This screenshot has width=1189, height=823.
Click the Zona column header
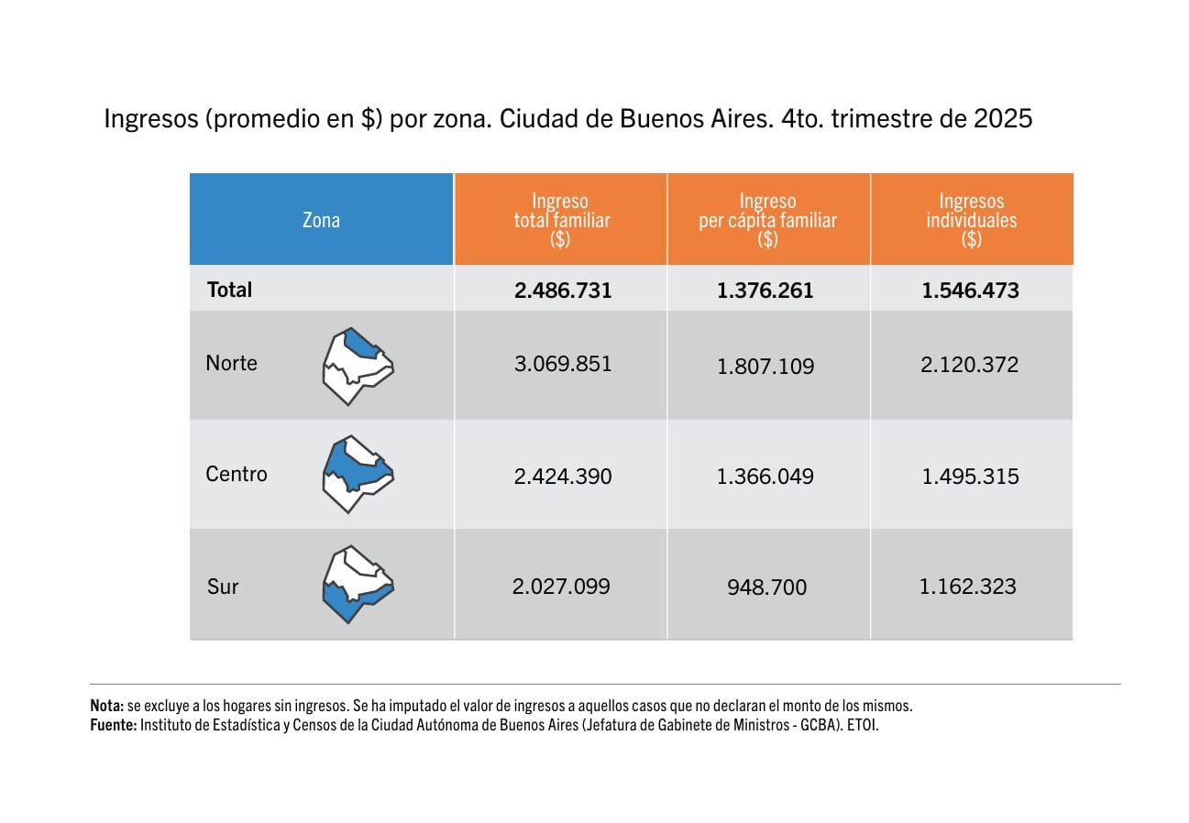pos(321,220)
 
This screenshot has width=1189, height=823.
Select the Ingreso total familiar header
pos(561,220)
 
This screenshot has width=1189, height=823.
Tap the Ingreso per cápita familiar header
pos(767,220)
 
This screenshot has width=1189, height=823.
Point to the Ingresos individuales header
pos(971,220)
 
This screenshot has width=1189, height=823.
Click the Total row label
pos(229,290)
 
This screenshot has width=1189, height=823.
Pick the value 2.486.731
pos(563,291)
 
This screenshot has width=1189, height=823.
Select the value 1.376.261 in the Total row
pos(765,291)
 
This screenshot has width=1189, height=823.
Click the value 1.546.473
pos(970,291)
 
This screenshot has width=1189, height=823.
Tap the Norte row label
pos(231,363)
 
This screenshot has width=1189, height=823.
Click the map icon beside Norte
pos(357,366)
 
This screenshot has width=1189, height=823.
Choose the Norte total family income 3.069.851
pos(563,364)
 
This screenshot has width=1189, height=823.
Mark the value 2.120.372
pos(970,365)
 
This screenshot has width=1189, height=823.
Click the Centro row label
pos(237,474)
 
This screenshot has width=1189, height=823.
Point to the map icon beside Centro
pos(357,475)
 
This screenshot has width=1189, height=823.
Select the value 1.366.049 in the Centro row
pos(765,477)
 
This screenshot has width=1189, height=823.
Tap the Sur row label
pos(223,587)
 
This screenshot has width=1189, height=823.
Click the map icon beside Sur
pos(357,585)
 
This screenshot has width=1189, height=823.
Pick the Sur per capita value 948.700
pos(766,587)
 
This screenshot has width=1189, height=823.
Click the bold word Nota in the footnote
pos(106,707)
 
